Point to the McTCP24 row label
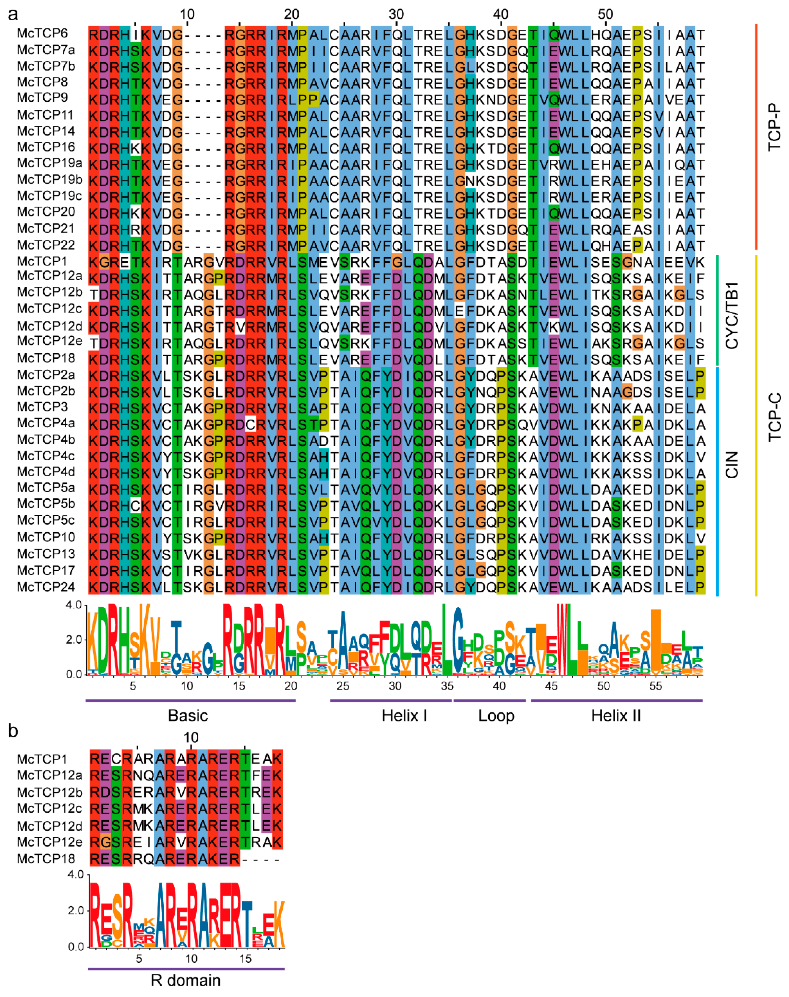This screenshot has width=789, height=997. click(46, 587)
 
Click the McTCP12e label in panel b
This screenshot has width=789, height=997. click(49, 842)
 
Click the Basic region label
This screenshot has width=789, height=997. click(188, 715)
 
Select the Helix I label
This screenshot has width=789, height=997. click(404, 715)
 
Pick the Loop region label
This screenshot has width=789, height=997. click(496, 715)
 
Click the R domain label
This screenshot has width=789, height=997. click(186, 980)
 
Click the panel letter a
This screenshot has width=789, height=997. click(13, 14)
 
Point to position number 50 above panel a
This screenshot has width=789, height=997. click(605, 14)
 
